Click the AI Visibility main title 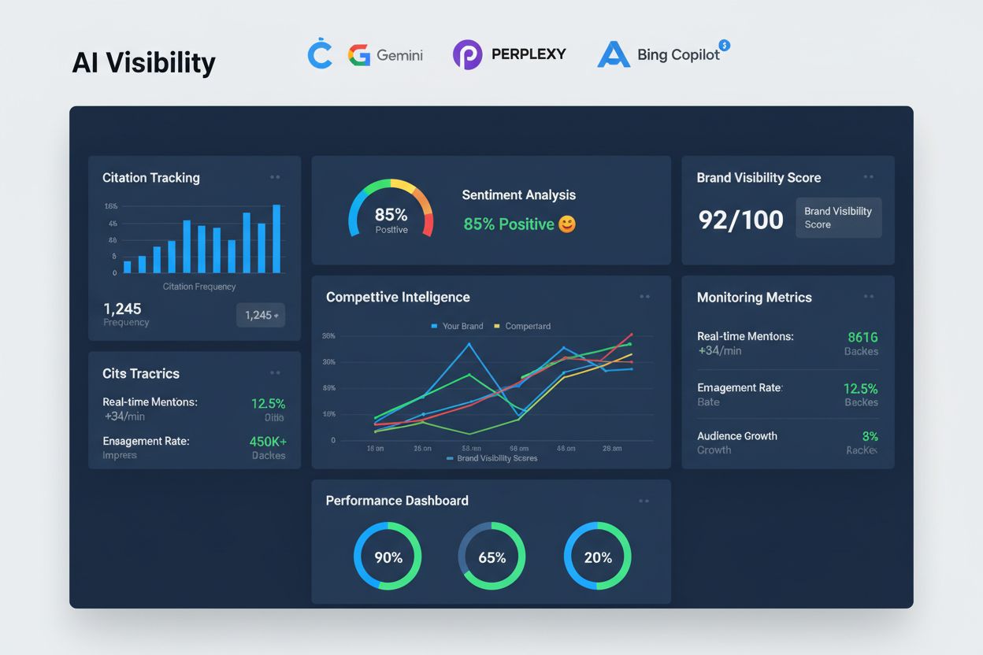143,63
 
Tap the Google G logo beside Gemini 359,55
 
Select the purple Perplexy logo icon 467,55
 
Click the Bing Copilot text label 678,55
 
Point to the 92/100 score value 740,220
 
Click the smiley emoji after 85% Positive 567,224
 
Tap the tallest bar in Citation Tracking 276,239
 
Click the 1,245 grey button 261,315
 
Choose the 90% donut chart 388,557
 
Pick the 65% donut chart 491,557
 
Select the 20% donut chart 598,557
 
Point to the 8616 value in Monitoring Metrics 862,337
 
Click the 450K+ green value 268,442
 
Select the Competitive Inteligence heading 398,297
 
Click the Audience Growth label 736,436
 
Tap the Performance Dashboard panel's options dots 644,501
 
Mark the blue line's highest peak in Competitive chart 469,344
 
